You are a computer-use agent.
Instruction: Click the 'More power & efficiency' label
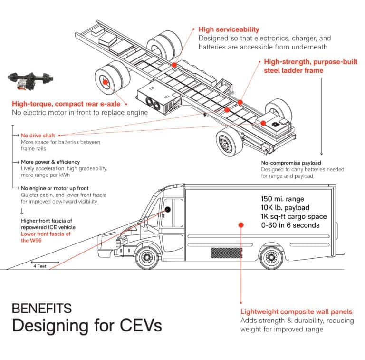50,162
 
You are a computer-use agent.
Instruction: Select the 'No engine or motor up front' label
55,188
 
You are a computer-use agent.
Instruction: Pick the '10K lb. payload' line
285,208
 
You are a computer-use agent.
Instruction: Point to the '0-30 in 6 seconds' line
290,225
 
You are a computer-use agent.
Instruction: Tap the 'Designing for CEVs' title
86,326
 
